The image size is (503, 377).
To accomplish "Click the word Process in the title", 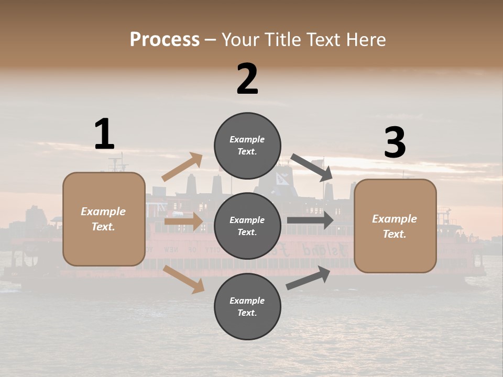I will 165,40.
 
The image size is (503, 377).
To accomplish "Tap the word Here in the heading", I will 364,40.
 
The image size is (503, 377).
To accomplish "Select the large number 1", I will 104,134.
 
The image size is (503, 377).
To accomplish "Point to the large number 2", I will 247,79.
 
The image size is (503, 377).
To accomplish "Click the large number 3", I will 395,142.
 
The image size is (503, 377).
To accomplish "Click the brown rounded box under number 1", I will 104,219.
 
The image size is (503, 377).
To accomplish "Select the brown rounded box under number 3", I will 395,226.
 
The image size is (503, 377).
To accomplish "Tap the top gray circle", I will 247,146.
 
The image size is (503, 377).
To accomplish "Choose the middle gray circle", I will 247,226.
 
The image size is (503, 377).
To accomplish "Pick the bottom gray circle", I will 247,306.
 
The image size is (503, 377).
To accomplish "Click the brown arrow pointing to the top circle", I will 182,167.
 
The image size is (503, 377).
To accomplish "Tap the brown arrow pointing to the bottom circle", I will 184,279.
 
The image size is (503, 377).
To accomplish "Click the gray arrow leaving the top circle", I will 312,168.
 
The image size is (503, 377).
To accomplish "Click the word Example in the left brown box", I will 103,212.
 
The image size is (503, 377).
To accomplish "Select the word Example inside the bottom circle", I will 247,301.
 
